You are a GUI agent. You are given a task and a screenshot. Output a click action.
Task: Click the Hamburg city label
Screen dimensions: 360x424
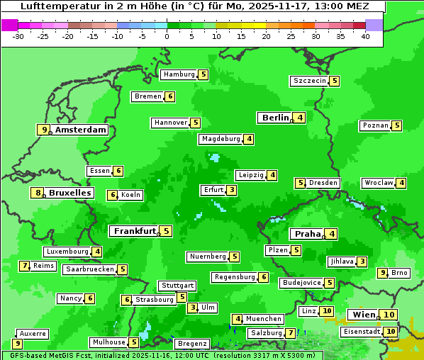pos(179,74)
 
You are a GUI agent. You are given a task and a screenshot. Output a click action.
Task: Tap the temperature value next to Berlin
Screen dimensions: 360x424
pos(300,118)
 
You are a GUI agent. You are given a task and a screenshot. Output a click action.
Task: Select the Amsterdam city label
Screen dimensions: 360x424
pos(81,130)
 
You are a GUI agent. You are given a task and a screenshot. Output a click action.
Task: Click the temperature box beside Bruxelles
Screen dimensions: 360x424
pos(35,193)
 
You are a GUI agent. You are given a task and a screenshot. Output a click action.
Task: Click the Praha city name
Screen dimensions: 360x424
pos(308,234)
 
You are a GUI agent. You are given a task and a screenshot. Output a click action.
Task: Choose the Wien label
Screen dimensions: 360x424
pos(363,315)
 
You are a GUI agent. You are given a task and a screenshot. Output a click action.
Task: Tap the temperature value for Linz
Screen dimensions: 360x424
pos(326,311)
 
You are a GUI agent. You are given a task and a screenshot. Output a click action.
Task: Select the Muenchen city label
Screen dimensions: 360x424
pos(264,319)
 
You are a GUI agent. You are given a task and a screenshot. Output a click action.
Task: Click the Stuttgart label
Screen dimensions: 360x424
pos(177,286)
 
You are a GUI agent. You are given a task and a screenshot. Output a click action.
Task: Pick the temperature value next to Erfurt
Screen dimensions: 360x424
pos(231,190)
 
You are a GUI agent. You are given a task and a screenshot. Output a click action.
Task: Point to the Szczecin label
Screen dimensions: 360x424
pos(310,81)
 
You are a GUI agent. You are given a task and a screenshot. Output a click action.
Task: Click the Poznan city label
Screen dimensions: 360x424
pos(375,125)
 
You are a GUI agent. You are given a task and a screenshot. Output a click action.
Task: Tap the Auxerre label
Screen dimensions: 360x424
pos(33,333)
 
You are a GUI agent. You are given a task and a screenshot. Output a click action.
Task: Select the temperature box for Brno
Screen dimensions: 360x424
pos(382,273)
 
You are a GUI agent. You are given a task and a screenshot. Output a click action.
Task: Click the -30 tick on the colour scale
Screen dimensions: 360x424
pos(18,35)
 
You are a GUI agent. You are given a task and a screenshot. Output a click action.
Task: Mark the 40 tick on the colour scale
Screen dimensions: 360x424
pos(365,35)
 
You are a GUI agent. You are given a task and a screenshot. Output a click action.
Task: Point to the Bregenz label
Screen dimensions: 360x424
pos(192,344)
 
